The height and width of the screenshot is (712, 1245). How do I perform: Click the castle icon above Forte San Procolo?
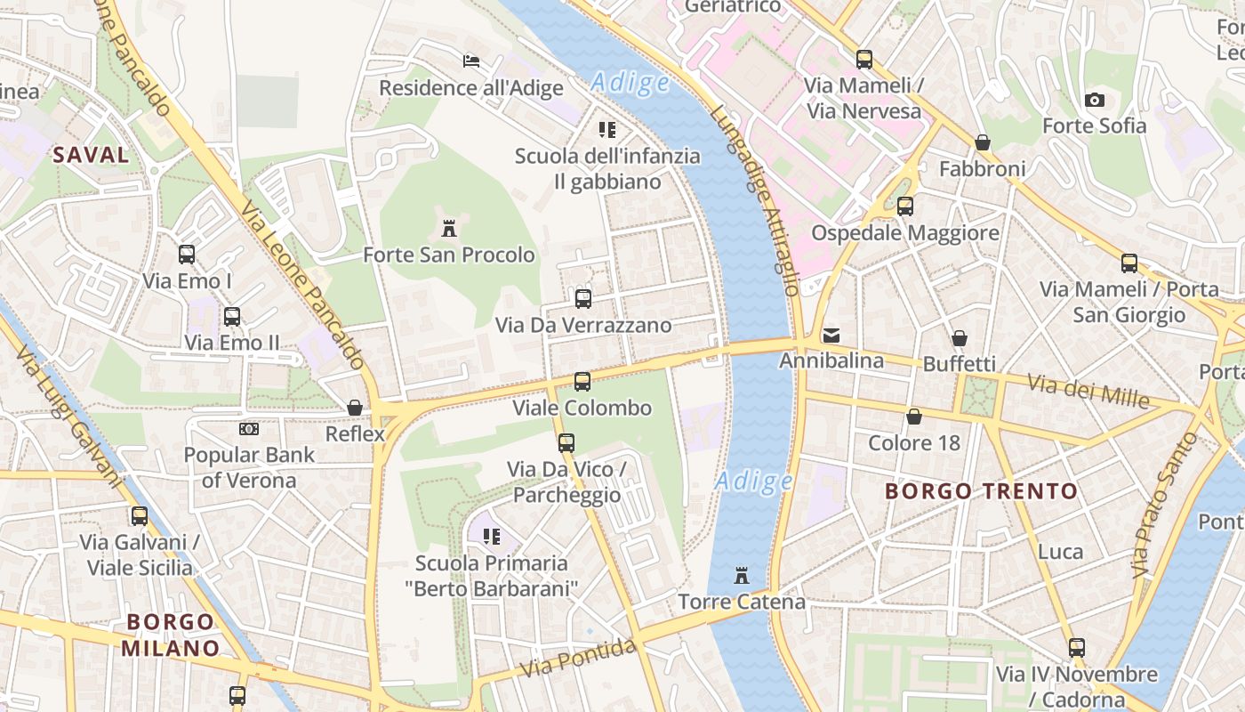(x=449, y=229)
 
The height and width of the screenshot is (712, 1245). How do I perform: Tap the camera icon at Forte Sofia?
(x=1095, y=100)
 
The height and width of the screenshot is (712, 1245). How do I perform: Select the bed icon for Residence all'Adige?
(x=471, y=61)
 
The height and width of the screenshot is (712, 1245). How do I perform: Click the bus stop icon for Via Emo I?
(x=187, y=255)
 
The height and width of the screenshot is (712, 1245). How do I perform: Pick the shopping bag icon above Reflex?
(x=355, y=408)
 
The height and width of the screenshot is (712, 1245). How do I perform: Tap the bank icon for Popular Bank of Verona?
(x=249, y=429)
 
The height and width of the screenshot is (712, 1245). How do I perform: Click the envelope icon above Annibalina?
(x=831, y=335)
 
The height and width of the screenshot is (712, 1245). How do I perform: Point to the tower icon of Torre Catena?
(x=742, y=576)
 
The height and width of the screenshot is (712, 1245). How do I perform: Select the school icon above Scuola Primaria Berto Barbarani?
(x=492, y=537)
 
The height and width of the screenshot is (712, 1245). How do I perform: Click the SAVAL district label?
(x=91, y=155)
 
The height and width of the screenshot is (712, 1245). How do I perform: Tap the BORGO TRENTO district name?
(x=981, y=491)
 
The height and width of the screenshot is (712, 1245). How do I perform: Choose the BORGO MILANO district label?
(x=170, y=635)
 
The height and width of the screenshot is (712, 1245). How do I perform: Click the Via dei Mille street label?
(x=1088, y=390)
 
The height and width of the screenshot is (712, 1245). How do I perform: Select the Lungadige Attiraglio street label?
(x=755, y=200)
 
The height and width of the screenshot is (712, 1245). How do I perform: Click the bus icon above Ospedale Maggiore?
(x=905, y=206)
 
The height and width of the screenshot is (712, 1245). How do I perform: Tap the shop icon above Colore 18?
(x=913, y=417)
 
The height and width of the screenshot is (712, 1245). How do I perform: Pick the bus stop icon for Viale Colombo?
(x=582, y=382)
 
